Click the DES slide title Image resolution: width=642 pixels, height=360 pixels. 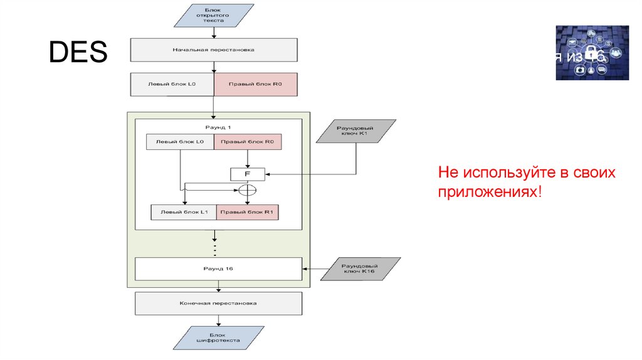(78, 53)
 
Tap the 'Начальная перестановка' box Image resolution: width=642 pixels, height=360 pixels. (214, 50)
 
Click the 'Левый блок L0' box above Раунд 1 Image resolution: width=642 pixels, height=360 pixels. (172, 84)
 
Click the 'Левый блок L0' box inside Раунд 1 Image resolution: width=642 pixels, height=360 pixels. (180, 142)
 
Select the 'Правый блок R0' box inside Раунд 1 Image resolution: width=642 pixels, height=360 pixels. (248, 142)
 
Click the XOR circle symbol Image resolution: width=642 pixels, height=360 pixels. (248, 189)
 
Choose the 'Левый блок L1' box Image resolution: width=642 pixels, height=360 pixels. (184, 212)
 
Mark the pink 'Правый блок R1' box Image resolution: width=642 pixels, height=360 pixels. (248, 212)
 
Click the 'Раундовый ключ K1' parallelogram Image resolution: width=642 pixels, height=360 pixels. (356, 131)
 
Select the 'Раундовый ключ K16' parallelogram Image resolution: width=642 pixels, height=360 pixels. (361, 268)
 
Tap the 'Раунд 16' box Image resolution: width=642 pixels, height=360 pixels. (219, 268)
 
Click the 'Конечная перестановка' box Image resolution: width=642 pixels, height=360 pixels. (219, 304)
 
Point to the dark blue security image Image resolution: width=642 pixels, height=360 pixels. (592, 53)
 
